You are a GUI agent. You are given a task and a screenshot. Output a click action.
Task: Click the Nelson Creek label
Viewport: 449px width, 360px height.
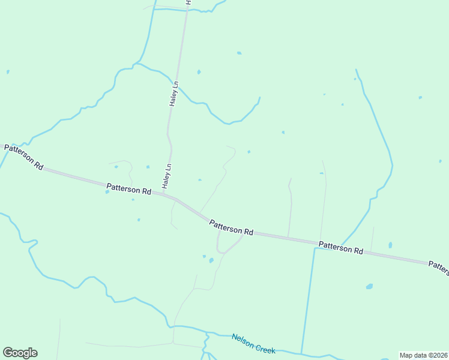[253, 343]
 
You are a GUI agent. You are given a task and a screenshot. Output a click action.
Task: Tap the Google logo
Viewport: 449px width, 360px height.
[20, 353]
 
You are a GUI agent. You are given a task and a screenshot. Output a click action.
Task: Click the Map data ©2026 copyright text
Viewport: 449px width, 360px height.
[423, 355]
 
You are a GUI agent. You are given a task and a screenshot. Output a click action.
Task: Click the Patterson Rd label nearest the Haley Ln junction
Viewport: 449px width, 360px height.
[129, 190]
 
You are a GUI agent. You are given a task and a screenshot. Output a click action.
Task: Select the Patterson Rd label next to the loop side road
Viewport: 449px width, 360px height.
[231, 227]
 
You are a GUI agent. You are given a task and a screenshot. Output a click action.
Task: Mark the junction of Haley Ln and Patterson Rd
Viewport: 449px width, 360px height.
[163, 193]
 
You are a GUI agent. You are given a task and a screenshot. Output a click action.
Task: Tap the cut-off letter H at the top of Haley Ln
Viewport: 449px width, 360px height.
[188, 3]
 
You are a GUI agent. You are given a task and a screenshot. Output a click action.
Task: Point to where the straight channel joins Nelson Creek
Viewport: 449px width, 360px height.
[301, 353]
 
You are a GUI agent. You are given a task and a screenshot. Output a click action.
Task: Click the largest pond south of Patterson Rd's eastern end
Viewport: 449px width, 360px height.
[369, 286]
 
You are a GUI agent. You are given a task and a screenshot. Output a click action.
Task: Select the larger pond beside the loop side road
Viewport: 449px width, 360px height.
[211, 260]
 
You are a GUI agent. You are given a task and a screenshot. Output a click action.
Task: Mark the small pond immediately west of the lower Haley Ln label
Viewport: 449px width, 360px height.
[148, 167]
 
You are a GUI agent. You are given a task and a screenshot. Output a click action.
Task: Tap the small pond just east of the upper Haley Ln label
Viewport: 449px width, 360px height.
[199, 72]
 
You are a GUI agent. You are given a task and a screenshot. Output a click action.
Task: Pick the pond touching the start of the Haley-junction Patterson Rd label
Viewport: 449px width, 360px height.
[107, 192]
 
